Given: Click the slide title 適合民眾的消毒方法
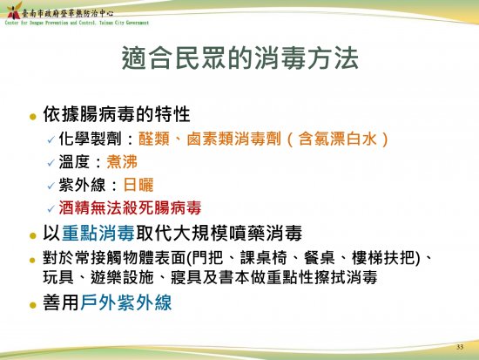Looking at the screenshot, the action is (x=239, y=58).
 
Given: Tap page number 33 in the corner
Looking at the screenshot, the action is (x=460, y=347).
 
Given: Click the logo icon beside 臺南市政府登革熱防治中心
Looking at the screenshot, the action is (x=14, y=11).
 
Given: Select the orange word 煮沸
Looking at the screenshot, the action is (x=122, y=162).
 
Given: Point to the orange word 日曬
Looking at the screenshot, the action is (x=138, y=185).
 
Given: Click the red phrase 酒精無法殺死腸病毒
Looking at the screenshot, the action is (x=130, y=208).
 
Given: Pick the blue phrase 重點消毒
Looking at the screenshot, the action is (x=98, y=233).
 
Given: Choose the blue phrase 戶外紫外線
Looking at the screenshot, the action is (x=126, y=302).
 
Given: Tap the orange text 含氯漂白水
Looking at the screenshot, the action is (x=337, y=139).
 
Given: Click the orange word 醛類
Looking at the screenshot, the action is (x=153, y=139).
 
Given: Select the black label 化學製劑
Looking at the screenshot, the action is (x=90, y=139).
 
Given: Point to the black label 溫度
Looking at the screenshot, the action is (x=74, y=162).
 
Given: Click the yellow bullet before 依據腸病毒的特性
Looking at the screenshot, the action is (x=33, y=117).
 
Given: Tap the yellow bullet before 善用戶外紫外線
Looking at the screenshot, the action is (x=33, y=305).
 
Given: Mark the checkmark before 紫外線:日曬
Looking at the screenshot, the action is (x=51, y=186).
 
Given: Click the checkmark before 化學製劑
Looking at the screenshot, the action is (x=51, y=140).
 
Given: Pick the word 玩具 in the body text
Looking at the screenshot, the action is (x=58, y=277).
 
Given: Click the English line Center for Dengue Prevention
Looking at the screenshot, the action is (x=77, y=23).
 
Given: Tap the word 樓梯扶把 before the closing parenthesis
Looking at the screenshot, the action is (x=383, y=257).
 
